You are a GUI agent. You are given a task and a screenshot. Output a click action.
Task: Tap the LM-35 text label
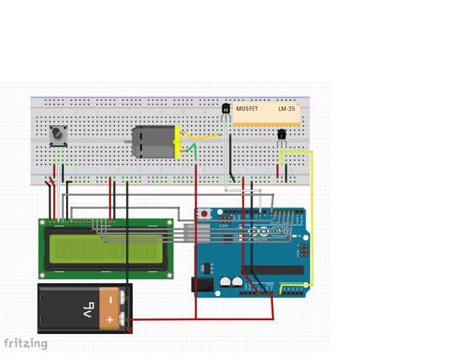287,108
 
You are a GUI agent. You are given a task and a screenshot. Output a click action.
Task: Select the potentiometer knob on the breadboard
58,135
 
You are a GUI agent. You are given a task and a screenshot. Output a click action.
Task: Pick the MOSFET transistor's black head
226,109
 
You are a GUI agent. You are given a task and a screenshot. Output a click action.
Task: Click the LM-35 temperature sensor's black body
282,134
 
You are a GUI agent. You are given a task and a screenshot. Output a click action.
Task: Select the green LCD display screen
104,249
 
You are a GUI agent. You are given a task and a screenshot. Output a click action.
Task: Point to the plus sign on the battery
111,319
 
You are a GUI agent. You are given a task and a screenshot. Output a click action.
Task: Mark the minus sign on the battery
111,298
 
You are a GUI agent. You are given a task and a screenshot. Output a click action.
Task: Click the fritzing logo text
25,343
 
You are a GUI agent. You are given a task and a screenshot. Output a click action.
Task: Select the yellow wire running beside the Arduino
312,218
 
